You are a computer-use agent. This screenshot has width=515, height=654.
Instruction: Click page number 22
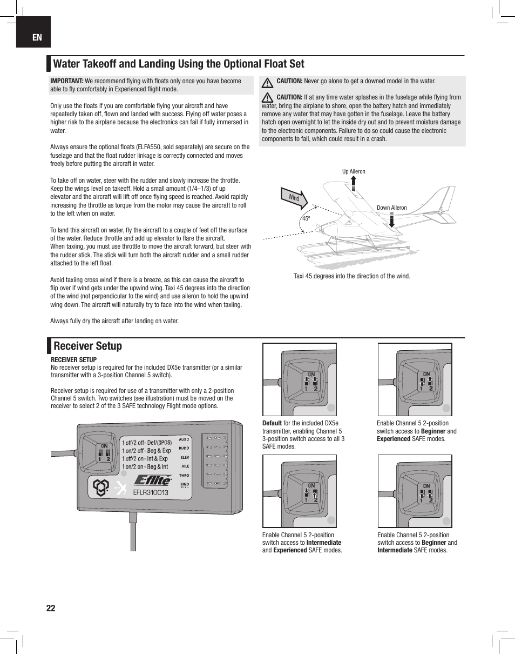(51, 608)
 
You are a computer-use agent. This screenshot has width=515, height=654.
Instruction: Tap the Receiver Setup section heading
(88, 346)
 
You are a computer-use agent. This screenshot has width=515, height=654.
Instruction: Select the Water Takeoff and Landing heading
(179, 64)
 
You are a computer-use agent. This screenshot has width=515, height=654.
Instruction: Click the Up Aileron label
(354, 172)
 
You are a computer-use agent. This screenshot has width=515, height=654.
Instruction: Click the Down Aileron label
(391, 208)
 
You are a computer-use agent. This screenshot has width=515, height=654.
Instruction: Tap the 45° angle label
(306, 219)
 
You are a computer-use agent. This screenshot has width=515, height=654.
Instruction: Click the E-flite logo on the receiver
(153, 479)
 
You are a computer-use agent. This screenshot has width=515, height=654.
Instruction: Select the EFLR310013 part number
(151, 492)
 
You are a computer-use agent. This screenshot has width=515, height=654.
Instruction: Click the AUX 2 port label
(184, 439)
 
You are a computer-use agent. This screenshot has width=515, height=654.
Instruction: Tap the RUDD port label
(184, 448)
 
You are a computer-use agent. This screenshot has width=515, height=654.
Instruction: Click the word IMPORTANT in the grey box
(66, 81)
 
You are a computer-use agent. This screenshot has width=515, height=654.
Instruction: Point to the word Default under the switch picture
(272, 423)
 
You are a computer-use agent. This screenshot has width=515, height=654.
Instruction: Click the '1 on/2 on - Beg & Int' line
(145, 466)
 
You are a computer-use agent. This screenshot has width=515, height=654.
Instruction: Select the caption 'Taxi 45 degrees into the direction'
(351, 276)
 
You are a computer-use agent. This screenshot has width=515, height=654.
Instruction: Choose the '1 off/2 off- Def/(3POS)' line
(146, 442)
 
